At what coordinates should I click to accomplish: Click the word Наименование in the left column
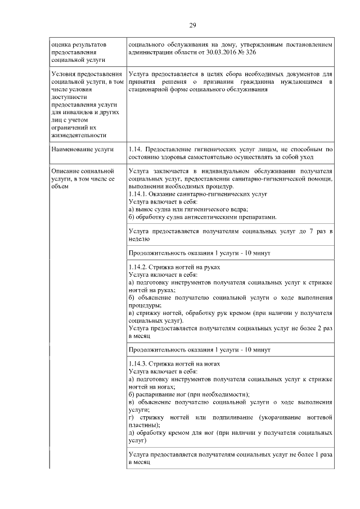71,149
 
